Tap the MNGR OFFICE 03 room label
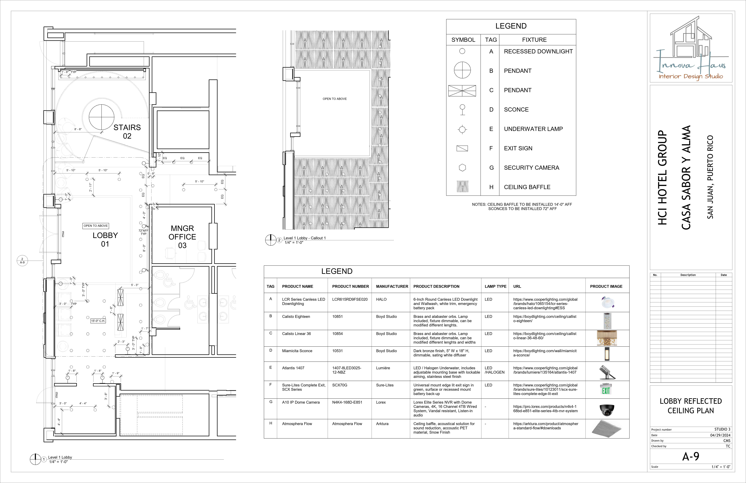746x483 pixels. click(182, 237)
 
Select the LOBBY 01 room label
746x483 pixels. click(105, 240)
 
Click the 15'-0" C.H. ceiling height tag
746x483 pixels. click(98, 321)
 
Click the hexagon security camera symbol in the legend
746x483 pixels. click(462, 168)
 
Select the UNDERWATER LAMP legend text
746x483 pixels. click(533, 129)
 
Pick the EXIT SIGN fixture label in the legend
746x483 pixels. click(518, 148)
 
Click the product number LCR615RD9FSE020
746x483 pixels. click(350, 299)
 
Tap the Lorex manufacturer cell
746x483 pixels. click(381, 402)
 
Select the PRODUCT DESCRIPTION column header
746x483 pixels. click(436, 286)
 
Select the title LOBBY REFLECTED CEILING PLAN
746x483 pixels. click(691, 406)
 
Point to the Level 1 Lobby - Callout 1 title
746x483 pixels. click(305, 238)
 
